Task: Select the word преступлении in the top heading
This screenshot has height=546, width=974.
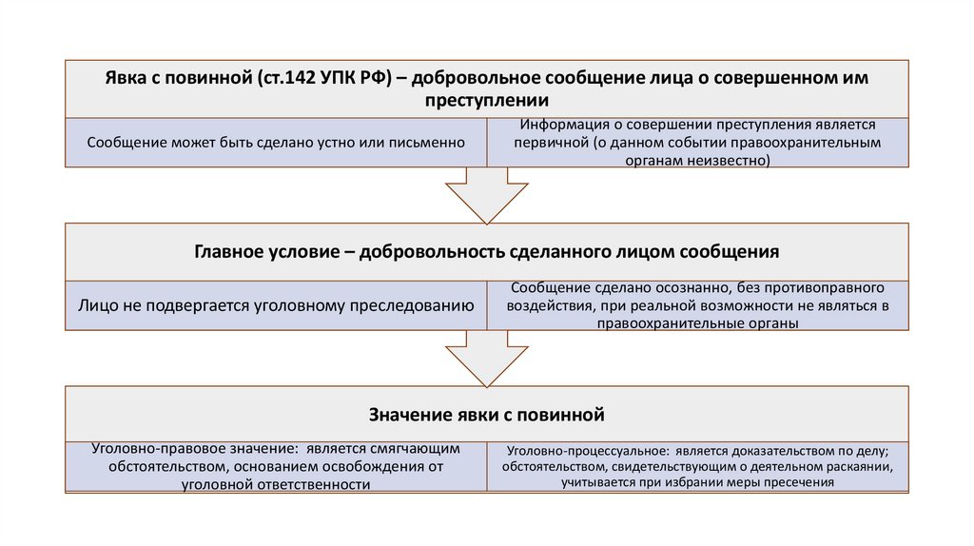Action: click(x=486, y=100)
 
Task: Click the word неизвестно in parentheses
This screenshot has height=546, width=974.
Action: click(x=730, y=161)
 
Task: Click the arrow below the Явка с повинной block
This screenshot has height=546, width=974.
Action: click(x=486, y=196)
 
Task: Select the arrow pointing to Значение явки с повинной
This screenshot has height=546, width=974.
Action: click(x=486, y=358)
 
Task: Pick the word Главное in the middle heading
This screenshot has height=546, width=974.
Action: click(x=228, y=252)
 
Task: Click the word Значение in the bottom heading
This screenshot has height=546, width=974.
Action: click(x=407, y=415)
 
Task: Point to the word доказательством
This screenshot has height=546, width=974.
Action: click(x=762, y=451)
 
